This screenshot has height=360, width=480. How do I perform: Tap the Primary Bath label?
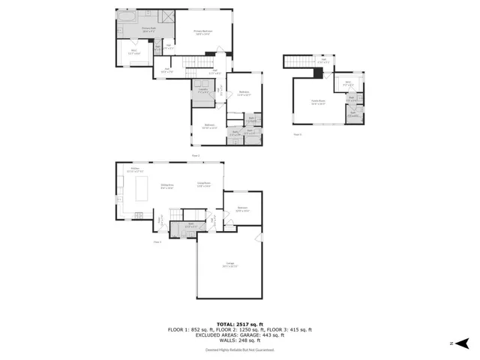pyautogui.click(x=148, y=28)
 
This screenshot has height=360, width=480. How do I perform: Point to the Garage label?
pyautogui.click(x=229, y=263)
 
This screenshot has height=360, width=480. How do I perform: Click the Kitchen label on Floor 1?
pyautogui.click(x=135, y=169)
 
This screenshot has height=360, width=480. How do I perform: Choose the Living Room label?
pyautogui.click(x=204, y=184)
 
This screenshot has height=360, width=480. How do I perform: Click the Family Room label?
pyautogui.click(x=318, y=101)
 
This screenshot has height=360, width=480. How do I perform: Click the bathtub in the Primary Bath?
pyautogui.click(x=127, y=16)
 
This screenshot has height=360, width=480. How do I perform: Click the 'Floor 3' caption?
pyautogui.click(x=297, y=135)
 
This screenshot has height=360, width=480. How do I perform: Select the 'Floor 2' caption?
pyautogui.click(x=196, y=154)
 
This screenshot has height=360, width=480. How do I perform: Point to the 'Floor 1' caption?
pyautogui.click(x=157, y=242)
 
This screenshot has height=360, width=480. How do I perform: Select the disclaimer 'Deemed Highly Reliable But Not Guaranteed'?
pyautogui.click(x=240, y=349)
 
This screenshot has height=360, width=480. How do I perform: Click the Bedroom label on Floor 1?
pyautogui.click(x=242, y=208)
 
